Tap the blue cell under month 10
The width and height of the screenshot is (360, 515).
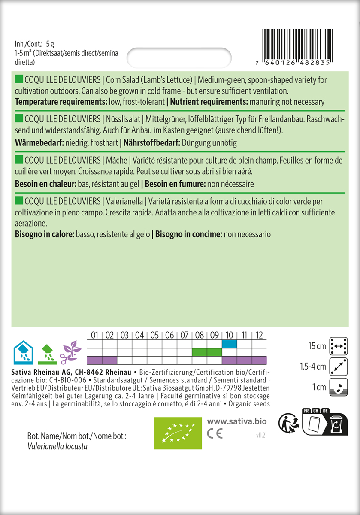(x=229, y=344)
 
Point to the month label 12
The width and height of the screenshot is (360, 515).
(x=259, y=335)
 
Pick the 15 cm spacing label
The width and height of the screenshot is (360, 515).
(x=317, y=346)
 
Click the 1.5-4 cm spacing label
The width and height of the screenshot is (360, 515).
(x=313, y=367)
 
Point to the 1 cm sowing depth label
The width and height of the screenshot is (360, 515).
(x=320, y=388)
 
